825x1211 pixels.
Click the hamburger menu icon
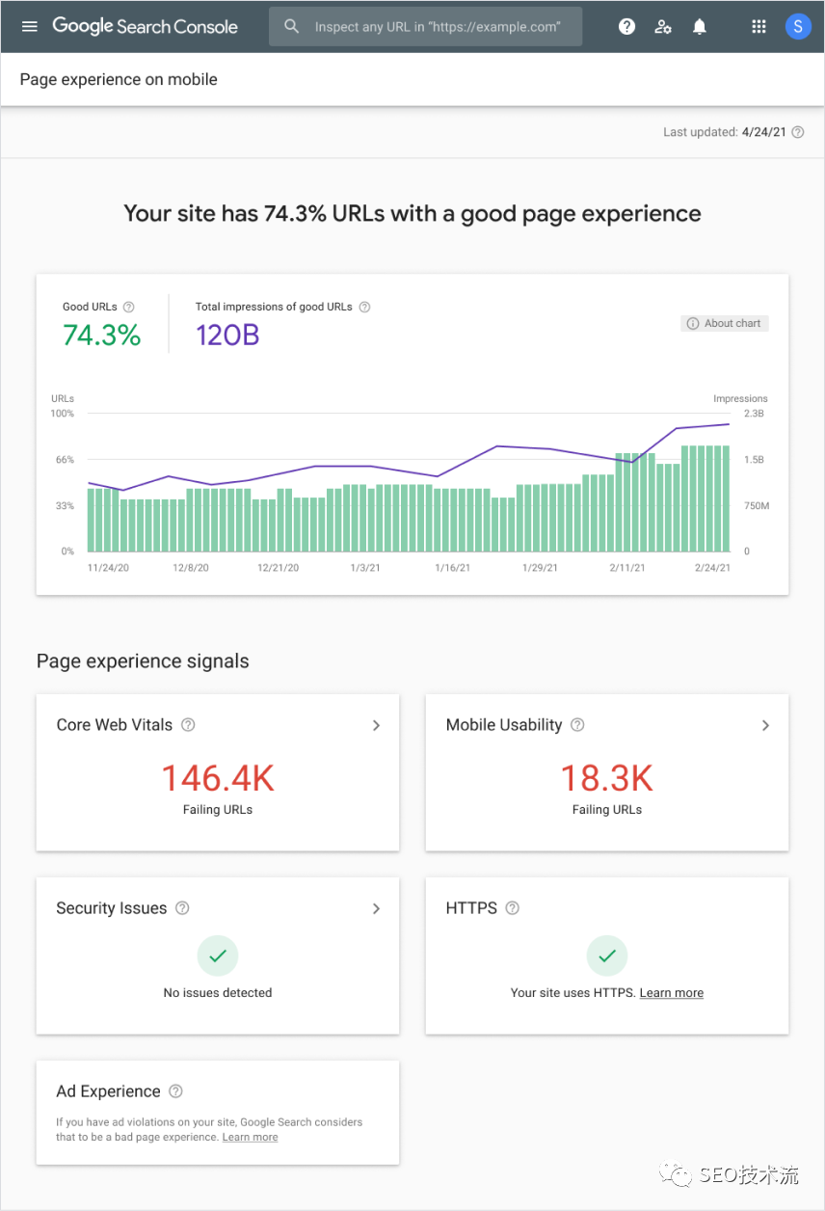(x=30, y=27)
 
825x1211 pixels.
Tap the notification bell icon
(x=700, y=27)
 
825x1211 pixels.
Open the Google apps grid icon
(x=758, y=27)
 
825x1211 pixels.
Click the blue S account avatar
(x=797, y=27)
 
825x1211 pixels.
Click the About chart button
(x=724, y=324)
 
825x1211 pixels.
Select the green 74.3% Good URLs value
(x=101, y=336)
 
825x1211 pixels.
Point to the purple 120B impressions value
(x=227, y=336)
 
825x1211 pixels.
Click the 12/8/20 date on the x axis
(x=191, y=568)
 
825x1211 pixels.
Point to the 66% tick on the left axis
(x=65, y=460)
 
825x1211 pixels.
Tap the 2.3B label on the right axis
(x=754, y=414)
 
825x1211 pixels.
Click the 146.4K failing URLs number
(x=218, y=778)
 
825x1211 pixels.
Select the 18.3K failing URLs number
(x=607, y=778)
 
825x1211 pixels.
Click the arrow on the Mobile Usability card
(x=765, y=725)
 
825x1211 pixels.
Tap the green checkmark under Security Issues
(x=218, y=956)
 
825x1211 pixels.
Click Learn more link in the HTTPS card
(x=671, y=993)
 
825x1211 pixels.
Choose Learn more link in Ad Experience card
(x=250, y=1138)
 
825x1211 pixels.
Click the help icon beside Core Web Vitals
(x=189, y=725)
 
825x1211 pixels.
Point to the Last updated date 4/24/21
(x=763, y=132)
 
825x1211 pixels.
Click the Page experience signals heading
(x=143, y=661)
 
